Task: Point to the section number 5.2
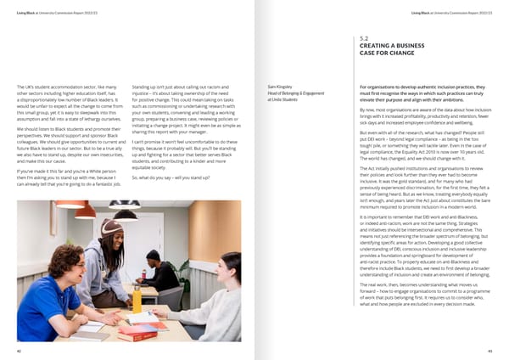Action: click(x=364, y=39)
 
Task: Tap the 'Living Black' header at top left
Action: click(x=25, y=13)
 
